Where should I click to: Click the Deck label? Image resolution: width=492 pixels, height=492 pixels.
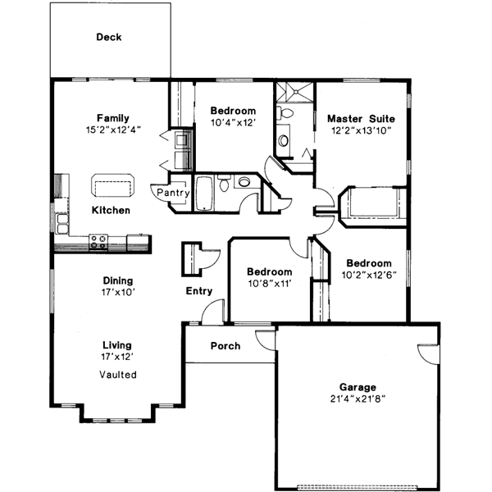tap(109, 37)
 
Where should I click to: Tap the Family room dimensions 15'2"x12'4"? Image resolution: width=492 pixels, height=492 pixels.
tap(112, 130)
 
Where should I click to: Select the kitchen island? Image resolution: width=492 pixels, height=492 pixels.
tap(112, 186)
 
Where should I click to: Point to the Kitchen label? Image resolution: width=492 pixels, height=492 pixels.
tap(111, 211)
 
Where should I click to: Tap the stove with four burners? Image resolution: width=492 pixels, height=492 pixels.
tap(99, 242)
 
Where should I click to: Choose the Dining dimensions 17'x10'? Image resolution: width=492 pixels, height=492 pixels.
tap(118, 291)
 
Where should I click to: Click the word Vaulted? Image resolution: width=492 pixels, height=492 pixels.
tap(118, 375)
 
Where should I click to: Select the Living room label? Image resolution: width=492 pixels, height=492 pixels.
tap(117, 345)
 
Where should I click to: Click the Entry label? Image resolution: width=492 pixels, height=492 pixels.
tap(199, 291)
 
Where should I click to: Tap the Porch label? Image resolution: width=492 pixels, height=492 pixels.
tap(225, 346)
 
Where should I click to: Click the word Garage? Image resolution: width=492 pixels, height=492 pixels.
tap(358, 387)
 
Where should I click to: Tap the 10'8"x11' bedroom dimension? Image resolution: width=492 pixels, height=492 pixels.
tap(270, 284)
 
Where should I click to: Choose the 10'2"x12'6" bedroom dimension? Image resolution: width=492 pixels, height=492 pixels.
tap(368, 276)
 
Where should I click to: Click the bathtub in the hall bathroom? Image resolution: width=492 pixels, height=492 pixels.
tap(206, 193)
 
